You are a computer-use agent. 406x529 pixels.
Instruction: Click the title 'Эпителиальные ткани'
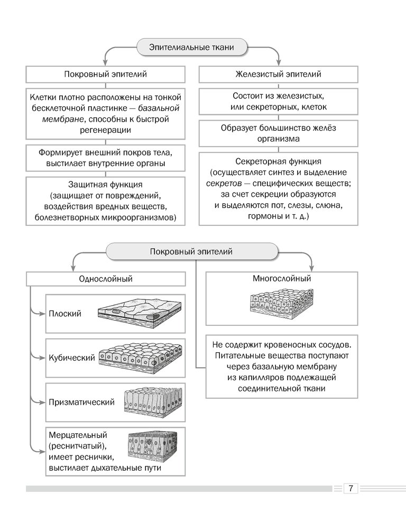coord(191,47)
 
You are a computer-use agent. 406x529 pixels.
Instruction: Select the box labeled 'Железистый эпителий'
coord(278,74)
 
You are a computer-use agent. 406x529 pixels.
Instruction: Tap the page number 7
coord(350,488)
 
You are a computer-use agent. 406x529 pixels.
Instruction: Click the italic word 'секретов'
coord(224,184)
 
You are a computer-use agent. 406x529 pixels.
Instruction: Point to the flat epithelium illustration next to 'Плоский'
coord(140,313)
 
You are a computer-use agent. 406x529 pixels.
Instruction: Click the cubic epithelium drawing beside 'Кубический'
coord(141,358)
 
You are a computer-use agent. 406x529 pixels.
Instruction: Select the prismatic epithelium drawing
coord(153,402)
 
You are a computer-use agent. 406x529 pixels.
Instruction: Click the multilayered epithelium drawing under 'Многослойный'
coord(282,304)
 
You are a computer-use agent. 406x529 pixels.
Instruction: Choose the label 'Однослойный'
coord(106,279)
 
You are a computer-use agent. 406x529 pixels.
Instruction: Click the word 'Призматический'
coord(81,402)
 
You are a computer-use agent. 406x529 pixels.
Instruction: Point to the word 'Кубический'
coord(72,358)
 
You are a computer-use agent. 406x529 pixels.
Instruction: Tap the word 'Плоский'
coord(65,313)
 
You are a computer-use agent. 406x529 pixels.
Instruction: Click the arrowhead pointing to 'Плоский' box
coord(42,314)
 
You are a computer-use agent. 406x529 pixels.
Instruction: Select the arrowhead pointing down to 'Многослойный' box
coord(311,269)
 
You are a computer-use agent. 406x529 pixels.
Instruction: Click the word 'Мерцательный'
coord(78,435)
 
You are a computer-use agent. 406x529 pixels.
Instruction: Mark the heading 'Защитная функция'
coord(105,185)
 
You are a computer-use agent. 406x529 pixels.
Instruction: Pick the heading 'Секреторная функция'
coord(278,161)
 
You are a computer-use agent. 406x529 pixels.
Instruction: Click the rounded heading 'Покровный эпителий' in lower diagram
coord(191,252)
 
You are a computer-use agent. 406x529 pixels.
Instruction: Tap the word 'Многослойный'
coord(282,279)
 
